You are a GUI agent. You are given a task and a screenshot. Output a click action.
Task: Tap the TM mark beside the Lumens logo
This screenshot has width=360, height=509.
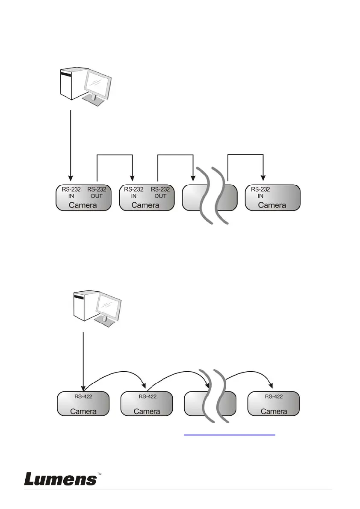[x=100, y=474]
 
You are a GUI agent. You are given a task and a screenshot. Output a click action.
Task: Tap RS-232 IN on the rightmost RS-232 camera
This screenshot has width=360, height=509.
[x=260, y=192]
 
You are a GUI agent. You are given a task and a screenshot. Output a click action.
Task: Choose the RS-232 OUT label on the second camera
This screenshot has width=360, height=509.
[x=160, y=192]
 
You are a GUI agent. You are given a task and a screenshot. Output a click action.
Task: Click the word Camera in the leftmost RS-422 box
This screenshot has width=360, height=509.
[x=83, y=411]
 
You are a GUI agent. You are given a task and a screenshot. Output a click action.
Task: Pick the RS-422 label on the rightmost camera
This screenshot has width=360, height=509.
[x=274, y=397]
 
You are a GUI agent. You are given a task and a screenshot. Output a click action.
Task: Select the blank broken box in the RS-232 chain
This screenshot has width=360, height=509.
[x=209, y=198]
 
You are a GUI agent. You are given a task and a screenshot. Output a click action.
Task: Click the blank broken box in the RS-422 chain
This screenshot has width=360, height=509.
[x=210, y=403]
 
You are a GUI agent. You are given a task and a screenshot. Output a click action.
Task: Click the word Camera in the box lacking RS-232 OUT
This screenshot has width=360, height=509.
[x=272, y=205]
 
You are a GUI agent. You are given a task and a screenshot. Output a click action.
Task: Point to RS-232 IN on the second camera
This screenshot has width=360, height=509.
[x=133, y=192]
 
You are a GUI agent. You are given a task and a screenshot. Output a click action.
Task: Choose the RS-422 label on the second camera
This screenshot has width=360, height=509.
[x=148, y=397]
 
